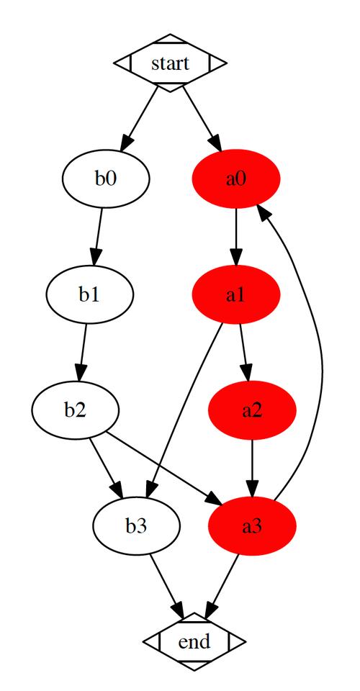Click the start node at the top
click(x=171, y=63)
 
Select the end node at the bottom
click(x=194, y=641)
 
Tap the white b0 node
click(x=106, y=179)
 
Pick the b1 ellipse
click(x=89, y=294)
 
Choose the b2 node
click(x=74, y=410)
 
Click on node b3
click(x=135, y=526)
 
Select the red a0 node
click(x=236, y=179)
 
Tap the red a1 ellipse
click(x=236, y=294)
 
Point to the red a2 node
click(x=252, y=410)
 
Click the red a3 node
click(x=252, y=526)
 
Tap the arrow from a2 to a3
click(x=252, y=468)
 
